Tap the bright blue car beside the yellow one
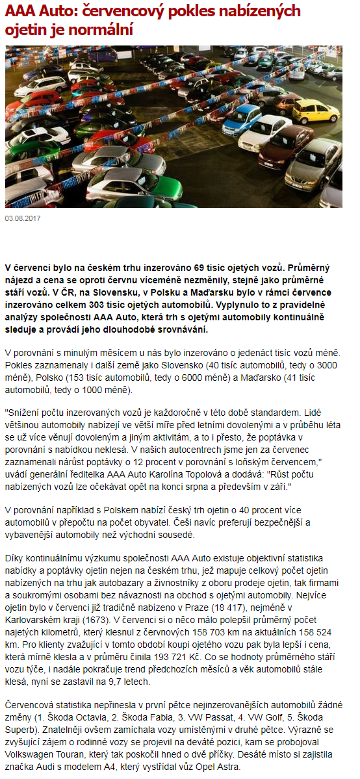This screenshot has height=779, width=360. (x=242, y=118)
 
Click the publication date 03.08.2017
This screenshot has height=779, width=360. (x=23, y=218)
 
